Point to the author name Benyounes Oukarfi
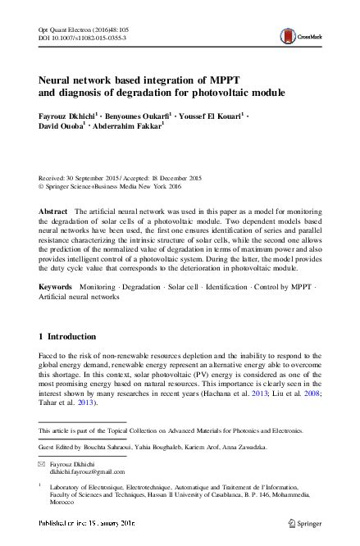pyautogui.click(x=139, y=116)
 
